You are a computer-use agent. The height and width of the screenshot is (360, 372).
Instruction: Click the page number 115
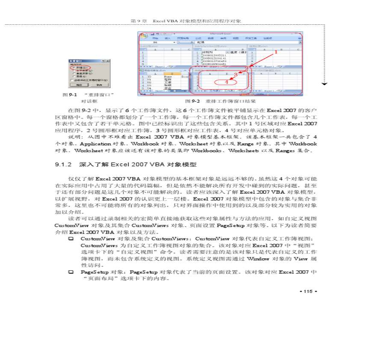[307, 292]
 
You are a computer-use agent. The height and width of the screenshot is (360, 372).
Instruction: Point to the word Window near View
[258, 259]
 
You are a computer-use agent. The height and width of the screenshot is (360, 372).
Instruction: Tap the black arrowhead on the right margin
[325, 84]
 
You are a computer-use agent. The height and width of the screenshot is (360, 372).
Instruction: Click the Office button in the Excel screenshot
[143, 35]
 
